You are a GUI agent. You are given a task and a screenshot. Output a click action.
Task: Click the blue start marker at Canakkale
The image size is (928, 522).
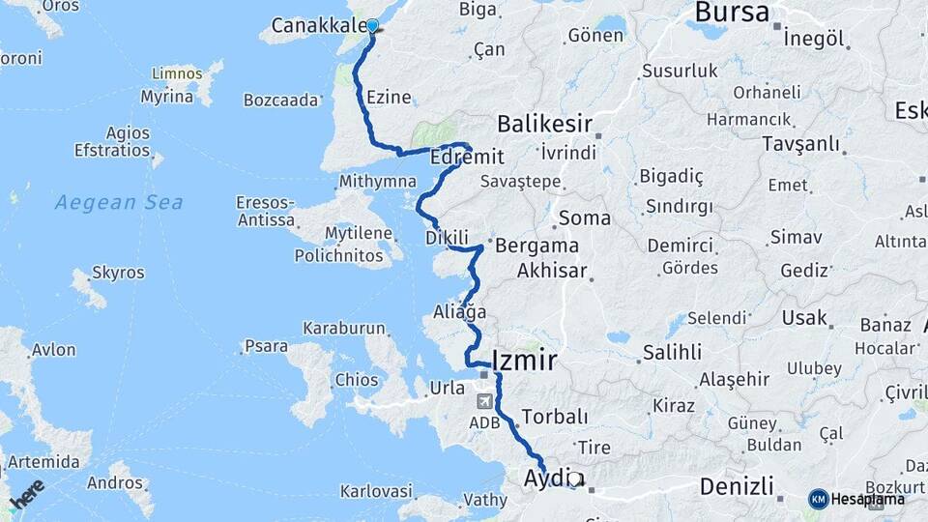pos(372,26)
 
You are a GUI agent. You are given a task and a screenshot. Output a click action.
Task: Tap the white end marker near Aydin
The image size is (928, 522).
pos(574,478)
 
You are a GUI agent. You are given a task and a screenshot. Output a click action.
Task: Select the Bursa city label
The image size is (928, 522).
pos(732,13)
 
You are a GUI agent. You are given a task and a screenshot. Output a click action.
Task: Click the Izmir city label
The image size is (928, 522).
pos(524,362)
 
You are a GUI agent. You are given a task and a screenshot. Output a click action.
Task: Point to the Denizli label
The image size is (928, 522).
pos(738,485)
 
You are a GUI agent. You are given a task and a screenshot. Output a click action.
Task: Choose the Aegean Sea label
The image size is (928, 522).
pos(119,202)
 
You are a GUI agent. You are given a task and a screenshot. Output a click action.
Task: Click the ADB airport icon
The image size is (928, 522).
pos(483,401)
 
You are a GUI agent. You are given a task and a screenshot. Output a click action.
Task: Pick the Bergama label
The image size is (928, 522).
pos(536,246)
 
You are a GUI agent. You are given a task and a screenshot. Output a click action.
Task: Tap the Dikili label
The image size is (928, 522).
pos(447,237)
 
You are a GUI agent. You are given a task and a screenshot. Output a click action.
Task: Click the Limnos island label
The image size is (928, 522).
pos(177,73)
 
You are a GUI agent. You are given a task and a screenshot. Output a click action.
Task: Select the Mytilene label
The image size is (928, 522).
pos(358,233)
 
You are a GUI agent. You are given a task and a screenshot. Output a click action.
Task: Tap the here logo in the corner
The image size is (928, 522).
pos(27,495)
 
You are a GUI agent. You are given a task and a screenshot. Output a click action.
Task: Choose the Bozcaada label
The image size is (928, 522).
pos(280,100)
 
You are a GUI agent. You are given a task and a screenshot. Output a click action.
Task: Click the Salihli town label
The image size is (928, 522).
pos(672,353)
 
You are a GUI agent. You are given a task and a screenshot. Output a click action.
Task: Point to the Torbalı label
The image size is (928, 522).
pos(554,417)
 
